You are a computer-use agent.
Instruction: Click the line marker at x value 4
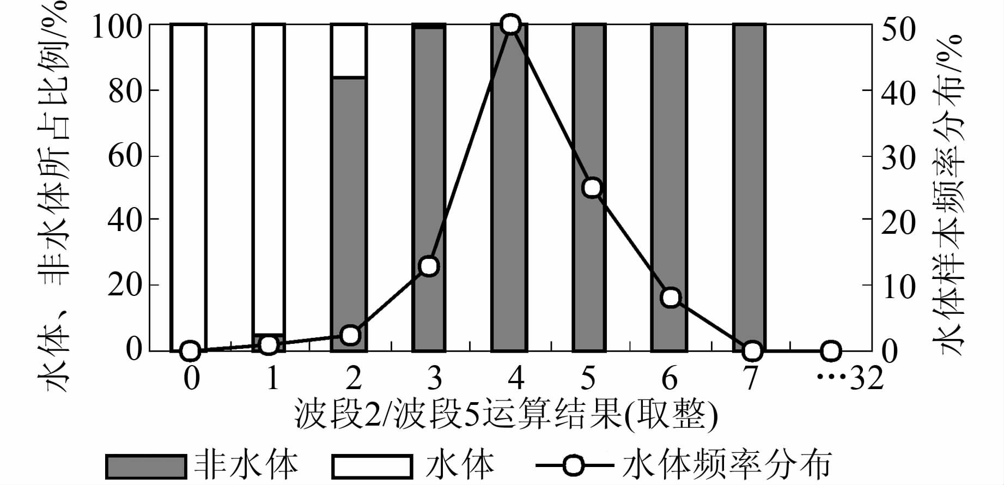click(x=510, y=25)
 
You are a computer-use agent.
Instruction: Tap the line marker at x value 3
click(x=429, y=266)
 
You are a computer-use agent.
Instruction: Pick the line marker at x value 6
click(x=671, y=298)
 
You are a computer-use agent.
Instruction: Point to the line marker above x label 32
click(x=831, y=351)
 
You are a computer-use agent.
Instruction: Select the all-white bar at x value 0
click(x=189, y=180)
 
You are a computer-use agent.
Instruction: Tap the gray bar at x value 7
click(x=750, y=180)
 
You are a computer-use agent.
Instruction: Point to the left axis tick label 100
click(x=118, y=26)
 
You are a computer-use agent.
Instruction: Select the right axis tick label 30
click(x=899, y=157)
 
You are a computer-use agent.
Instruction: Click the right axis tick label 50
click(x=899, y=29)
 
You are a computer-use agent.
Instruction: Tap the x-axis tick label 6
click(x=670, y=378)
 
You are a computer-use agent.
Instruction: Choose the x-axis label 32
click(x=867, y=378)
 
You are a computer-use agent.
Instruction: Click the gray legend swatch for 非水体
click(x=145, y=466)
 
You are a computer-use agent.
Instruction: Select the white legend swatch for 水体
click(x=372, y=466)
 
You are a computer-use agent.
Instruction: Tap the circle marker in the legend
click(x=574, y=466)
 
